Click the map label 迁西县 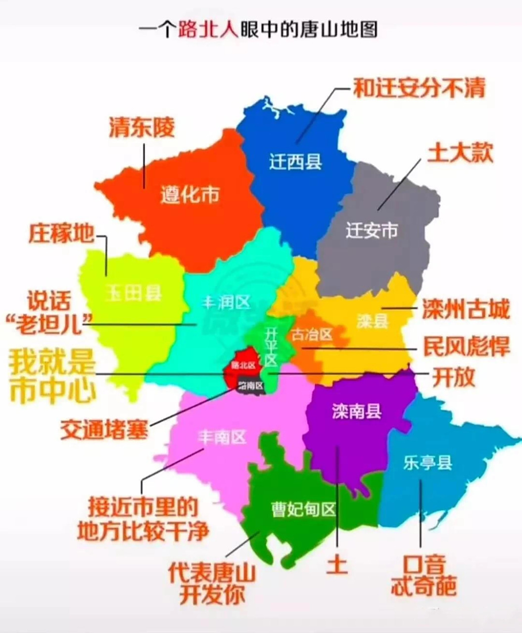[295, 162]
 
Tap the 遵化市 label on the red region [190, 195]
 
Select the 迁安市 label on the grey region [372, 230]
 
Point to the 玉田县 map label [134, 293]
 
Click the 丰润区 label [226, 302]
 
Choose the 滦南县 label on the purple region [356, 411]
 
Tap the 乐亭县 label [427, 463]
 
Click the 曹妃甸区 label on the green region [304, 509]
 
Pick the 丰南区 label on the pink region [222, 437]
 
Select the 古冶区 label [312, 335]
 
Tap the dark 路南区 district [250, 385]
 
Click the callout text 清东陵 [142, 128]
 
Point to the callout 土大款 [460, 153]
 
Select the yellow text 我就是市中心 [52, 376]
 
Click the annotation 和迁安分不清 [419, 88]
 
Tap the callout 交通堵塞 [104, 429]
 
